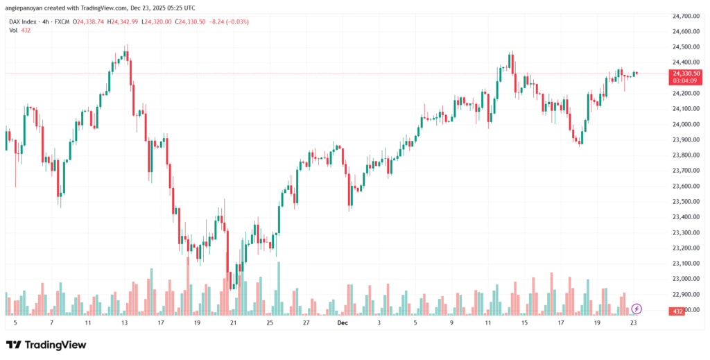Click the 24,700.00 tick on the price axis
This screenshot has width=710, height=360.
[685, 16]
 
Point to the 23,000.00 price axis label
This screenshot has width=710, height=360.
[685, 279]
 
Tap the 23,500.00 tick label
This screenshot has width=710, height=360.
[685, 202]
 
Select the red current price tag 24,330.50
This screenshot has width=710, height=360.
[686, 73]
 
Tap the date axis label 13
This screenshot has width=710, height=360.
[124, 323]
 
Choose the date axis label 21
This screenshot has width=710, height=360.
[233, 323]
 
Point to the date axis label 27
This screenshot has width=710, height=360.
[306, 323]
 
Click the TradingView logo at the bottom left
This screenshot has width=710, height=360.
[47, 345]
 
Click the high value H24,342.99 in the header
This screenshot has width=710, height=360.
[123, 22]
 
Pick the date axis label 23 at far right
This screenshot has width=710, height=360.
[632, 323]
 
